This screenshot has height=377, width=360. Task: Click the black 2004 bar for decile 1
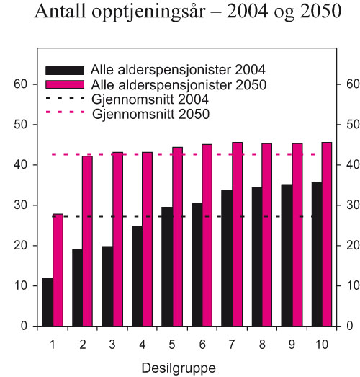tap(48, 302)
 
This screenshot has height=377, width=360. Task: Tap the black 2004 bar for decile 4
tap(137, 276)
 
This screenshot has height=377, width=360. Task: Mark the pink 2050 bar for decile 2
tap(88, 241)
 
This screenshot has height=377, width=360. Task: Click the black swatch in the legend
tap(65, 71)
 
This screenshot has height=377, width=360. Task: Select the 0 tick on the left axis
tap(24, 327)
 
